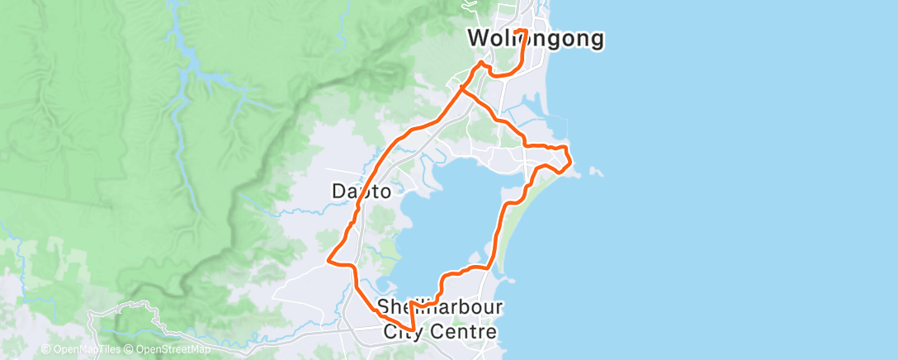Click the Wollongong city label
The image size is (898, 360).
coord(535,39)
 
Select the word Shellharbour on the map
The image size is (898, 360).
coord(440,308)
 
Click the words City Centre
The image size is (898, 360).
coord(440,332)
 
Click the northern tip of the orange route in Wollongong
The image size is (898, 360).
coord(521,30)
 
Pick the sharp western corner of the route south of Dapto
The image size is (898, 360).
coord(329,260)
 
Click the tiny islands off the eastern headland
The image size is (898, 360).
coord(596,172)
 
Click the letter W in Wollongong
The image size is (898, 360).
coord(477,39)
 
